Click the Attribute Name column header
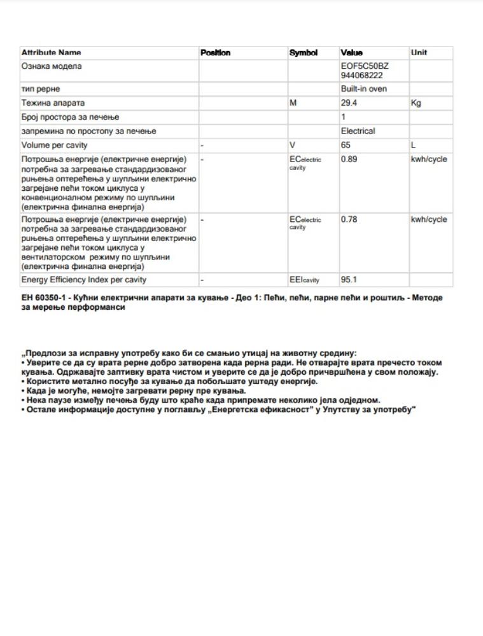pos(51,53)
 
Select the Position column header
pos(215,53)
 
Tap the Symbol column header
pos(303,53)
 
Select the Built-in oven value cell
pos(363,89)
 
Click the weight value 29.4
pos(349,103)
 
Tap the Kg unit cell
pos(416,103)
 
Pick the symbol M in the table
pos(293,103)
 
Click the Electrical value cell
pos(358,131)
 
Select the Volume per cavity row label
pos(55,145)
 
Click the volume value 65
pos(346,145)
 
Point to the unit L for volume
pos(414,145)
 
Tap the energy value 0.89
pos(349,159)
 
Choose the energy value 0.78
pos(349,219)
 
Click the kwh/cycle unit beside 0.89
pos(429,159)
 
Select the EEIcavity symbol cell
pos(304,280)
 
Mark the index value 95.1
pos(349,280)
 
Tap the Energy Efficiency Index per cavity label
pos(83,280)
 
